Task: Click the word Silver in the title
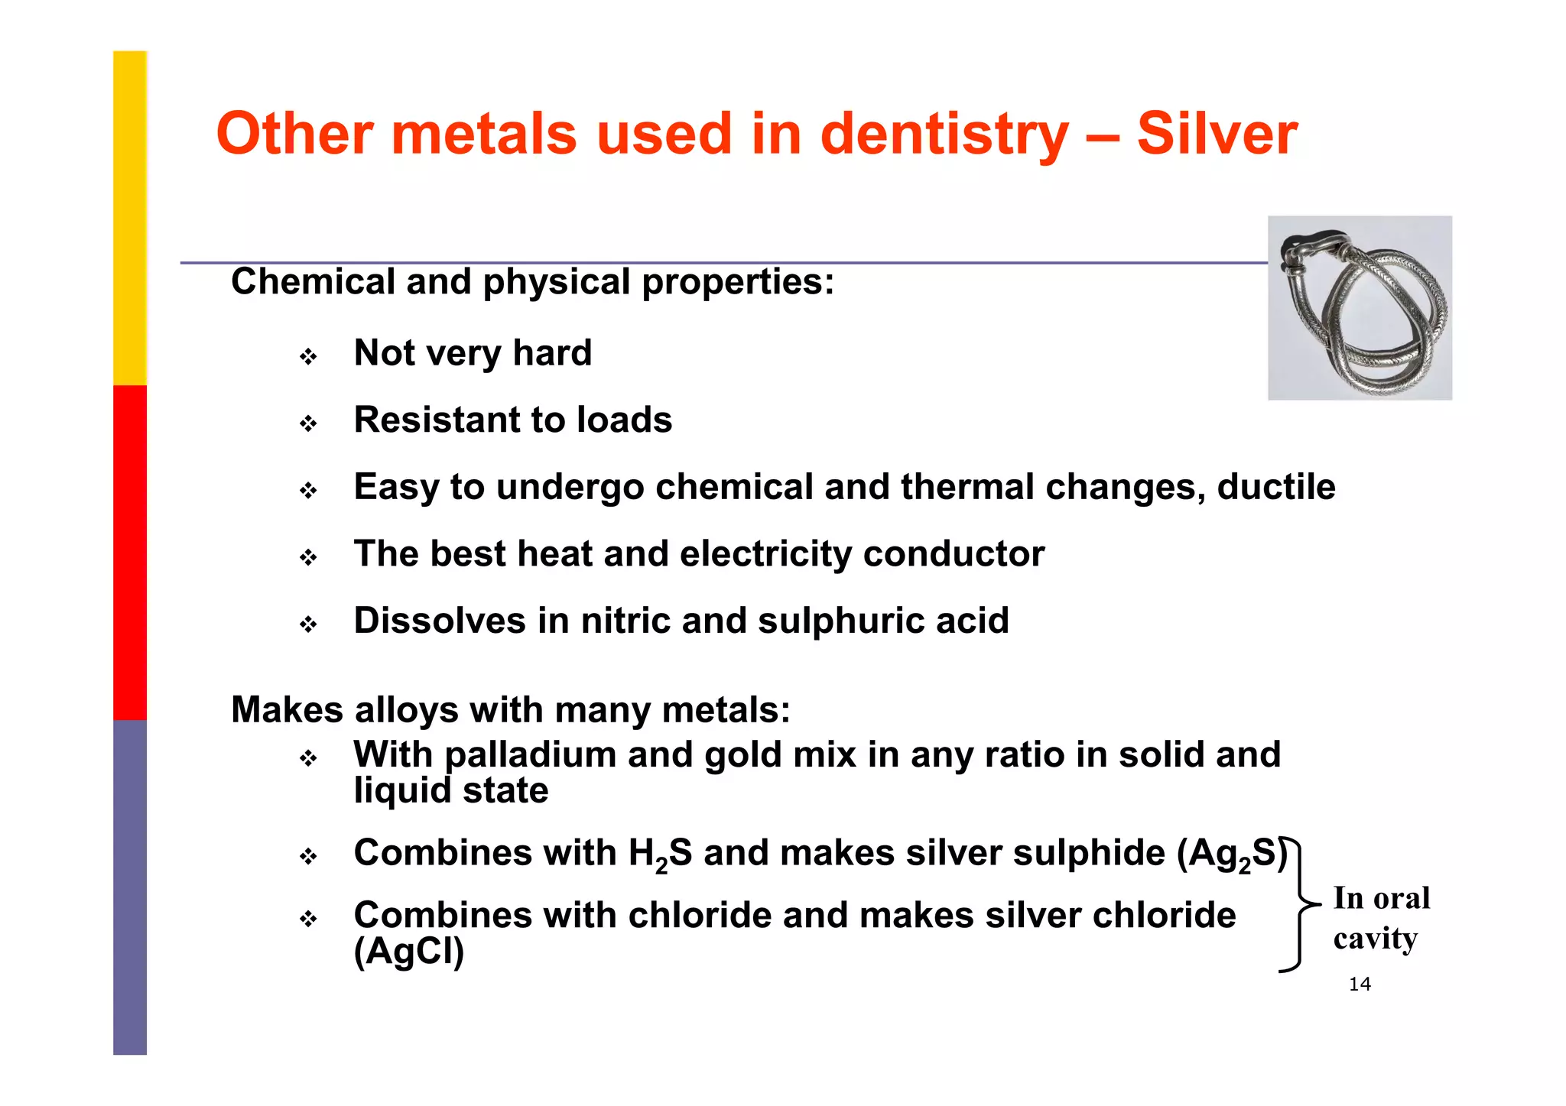(1217, 135)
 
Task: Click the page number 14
(1360, 984)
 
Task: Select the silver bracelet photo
(1360, 308)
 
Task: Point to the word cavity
(1375, 939)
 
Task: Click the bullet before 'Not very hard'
(308, 357)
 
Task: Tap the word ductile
(1276, 487)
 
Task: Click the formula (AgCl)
(409, 952)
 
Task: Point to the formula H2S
(660, 854)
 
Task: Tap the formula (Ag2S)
(1232, 854)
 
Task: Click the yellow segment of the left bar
(130, 218)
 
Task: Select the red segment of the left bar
(130, 552)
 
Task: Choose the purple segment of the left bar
(130, 887)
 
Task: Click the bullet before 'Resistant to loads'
(308, 423)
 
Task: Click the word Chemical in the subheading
(312, 282)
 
